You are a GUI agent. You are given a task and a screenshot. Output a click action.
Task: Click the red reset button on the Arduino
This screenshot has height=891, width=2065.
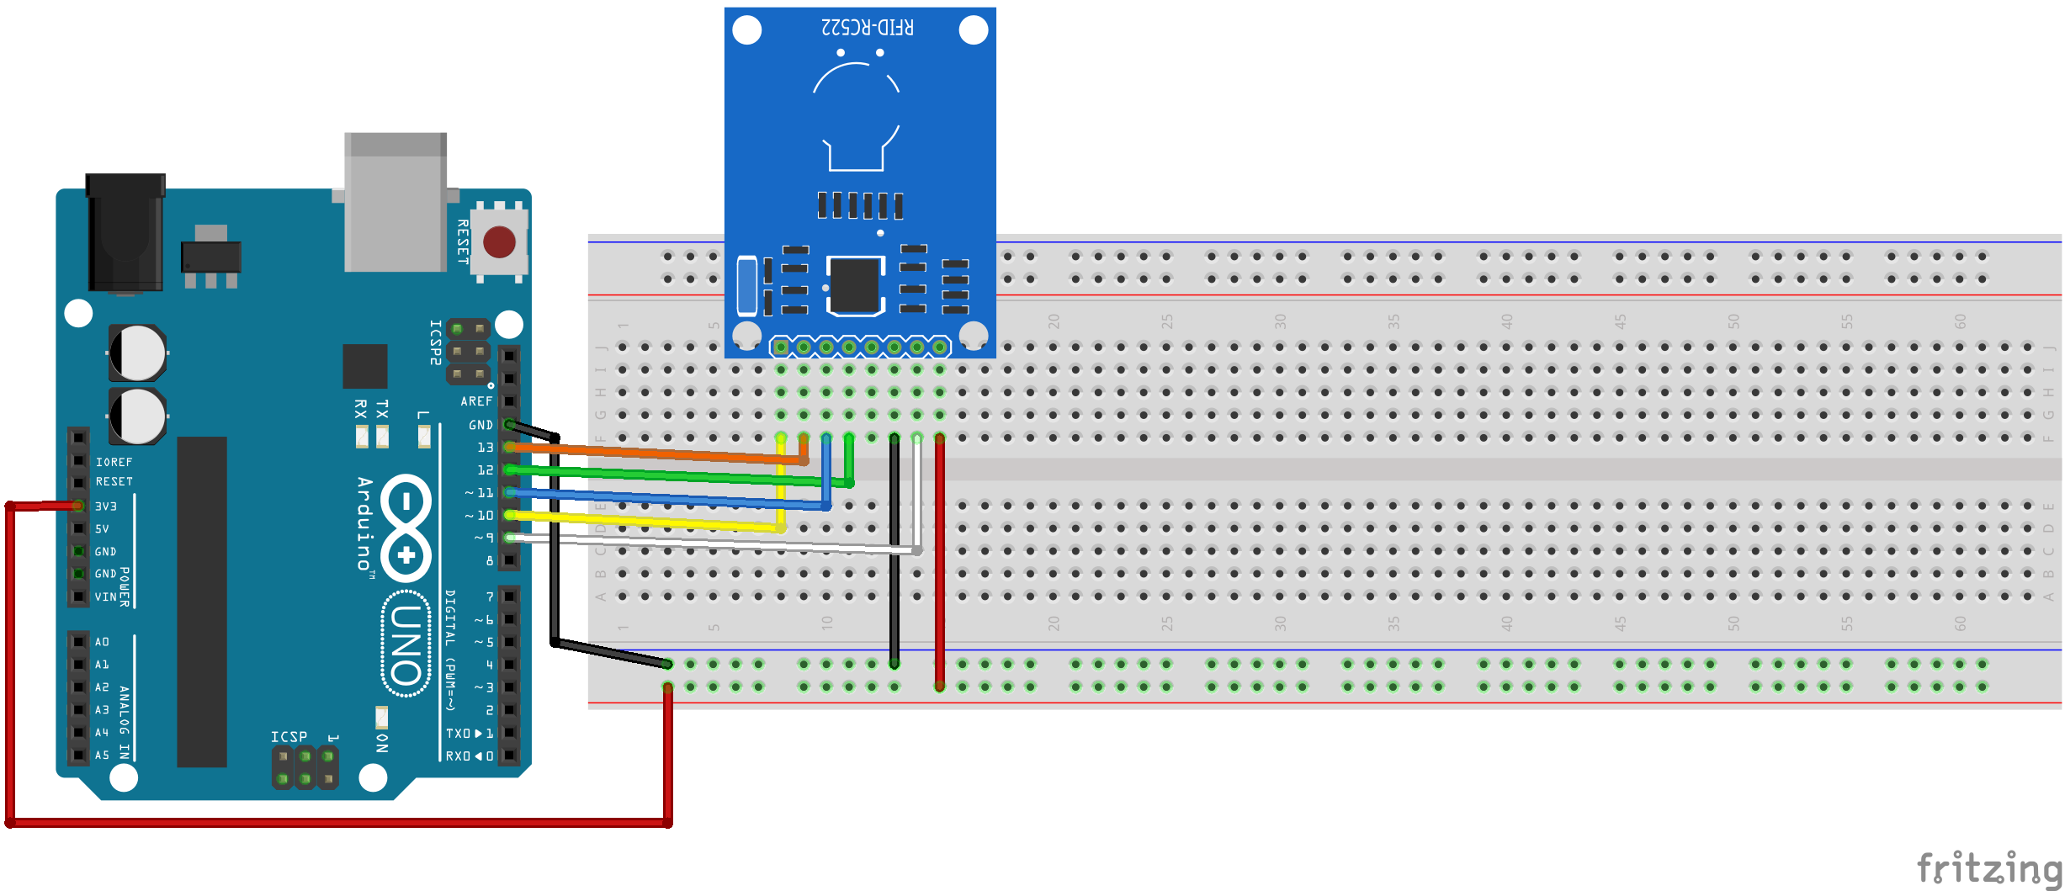(x=499, y=242)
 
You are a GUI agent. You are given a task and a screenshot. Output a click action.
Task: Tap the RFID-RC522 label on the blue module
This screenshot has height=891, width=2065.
(x=867, y=27)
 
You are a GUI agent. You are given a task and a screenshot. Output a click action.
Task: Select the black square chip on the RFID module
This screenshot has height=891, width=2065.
(x=855, y=285)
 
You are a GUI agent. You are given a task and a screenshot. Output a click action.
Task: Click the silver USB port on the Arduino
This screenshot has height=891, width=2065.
(x=395, y=202)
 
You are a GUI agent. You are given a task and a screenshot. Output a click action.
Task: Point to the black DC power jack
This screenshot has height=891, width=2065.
(x=125, y=231)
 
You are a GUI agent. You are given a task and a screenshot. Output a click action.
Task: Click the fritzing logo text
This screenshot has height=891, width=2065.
(x=1988, y=868)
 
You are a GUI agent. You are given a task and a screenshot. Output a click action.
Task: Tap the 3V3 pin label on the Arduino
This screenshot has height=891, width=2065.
(x=106, y=506)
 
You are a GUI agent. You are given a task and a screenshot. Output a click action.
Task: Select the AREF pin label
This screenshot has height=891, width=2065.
(x=476, y=401)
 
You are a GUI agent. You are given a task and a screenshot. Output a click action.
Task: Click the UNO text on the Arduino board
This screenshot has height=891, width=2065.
(x=406, y=644)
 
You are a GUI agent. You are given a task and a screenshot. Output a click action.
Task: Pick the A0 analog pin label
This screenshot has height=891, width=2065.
(x=102, y=642)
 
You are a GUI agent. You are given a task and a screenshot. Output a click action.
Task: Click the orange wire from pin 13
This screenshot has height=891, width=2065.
(x=656, y=453)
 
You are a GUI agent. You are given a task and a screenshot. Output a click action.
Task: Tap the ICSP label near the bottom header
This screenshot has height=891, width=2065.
(x=289, y=736)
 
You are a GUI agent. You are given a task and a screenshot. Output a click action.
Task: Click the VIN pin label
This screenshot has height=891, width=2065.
(x=106, y=597)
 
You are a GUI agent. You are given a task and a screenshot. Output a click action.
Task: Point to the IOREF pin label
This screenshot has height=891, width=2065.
(x=114, y=462)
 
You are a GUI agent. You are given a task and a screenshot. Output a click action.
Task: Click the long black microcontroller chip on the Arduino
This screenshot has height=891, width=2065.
(x=202, y=602)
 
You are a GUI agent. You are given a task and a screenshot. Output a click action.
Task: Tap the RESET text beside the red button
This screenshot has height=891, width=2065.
(x=463, y=241)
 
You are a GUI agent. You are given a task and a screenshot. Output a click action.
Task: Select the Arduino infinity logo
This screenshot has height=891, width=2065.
(x=406, y=528)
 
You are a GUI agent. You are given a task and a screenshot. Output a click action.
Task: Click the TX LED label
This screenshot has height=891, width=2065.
(x=383, y=410)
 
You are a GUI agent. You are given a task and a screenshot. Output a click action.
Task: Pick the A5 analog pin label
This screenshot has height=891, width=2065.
(x=102, y=755)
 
